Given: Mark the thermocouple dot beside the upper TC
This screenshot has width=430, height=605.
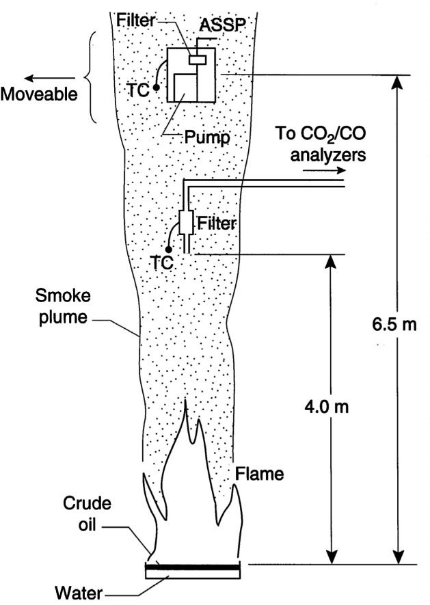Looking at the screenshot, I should pos(157,88).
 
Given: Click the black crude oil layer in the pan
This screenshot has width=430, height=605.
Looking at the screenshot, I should pos(193,567).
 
